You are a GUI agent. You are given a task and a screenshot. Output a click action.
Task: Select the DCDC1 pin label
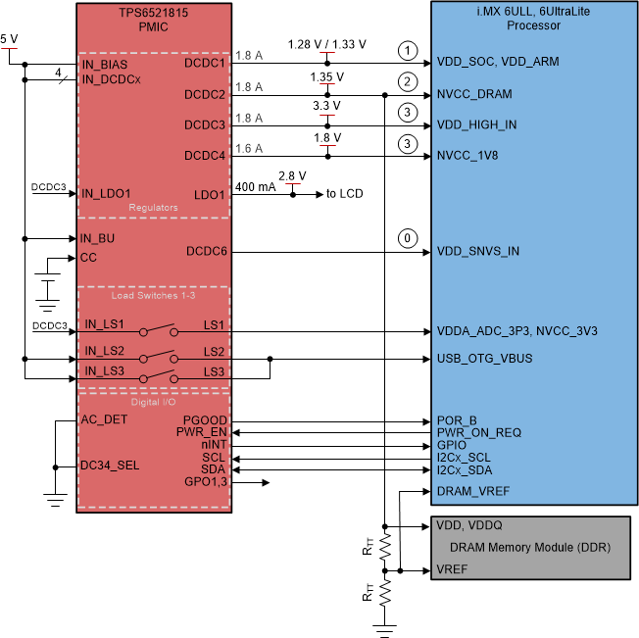click(x=205, y=63)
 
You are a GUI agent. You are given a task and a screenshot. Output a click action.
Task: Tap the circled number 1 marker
click(x=405, y=49)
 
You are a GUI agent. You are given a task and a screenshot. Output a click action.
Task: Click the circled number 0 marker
click(x=405, y=238)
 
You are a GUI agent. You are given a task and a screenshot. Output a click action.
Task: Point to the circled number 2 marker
click(x=405, y=81)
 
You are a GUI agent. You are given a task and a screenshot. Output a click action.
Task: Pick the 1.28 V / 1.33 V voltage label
click(x=328, y=45)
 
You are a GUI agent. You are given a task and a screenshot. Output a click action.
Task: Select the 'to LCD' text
click(x=344, y=194)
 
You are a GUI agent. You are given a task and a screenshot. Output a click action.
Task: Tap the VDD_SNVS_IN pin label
click(x=478, y=252)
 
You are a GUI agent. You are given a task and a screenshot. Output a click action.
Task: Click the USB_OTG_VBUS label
click(x=484, y=358)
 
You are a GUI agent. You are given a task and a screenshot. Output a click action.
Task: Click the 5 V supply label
click(x=9, y=39)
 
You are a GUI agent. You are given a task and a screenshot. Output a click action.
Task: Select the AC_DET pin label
click(x=105, y=419)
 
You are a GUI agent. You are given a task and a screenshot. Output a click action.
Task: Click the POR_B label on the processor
click(x=457, y=419)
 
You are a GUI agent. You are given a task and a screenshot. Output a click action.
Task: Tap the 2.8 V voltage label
click(x=293, y=175)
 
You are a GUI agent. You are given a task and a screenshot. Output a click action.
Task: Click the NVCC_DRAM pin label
click(x=477, y=95)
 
